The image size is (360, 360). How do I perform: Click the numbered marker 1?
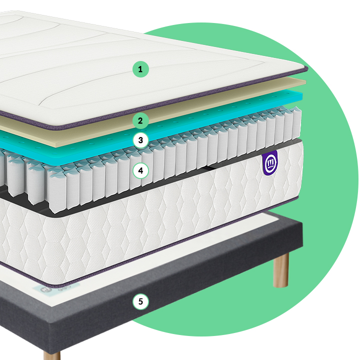coord(140,69)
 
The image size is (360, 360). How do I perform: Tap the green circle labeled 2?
coord(140,121)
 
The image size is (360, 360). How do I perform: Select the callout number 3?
coord(140,140)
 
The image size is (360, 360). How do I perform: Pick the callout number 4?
coord(140,170)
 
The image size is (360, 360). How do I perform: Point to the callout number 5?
coord(140,301)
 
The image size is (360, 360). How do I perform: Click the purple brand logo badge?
coord(270,163)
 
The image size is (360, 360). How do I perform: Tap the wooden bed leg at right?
coord(280,270)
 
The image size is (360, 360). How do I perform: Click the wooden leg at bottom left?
coord(52,355)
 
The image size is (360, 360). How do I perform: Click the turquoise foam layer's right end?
coord(301,96)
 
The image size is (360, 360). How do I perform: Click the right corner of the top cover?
coord(306,68)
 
